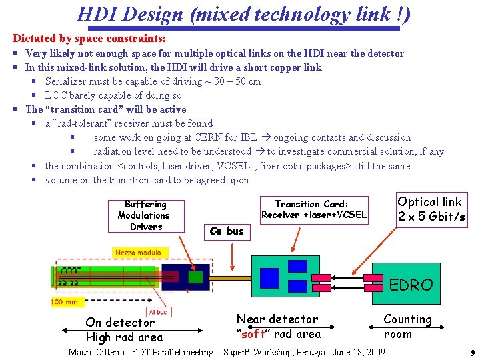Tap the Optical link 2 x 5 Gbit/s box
[x=431, y=209]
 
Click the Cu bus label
[x=227, y=231]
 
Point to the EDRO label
[x=411, y=285]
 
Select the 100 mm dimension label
[x=65, y=302]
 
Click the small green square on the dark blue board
[x=195, y=277]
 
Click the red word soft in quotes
[x=255, y=333]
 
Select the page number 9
[x=471, y=353]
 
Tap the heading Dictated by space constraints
[x=89, y=39]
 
